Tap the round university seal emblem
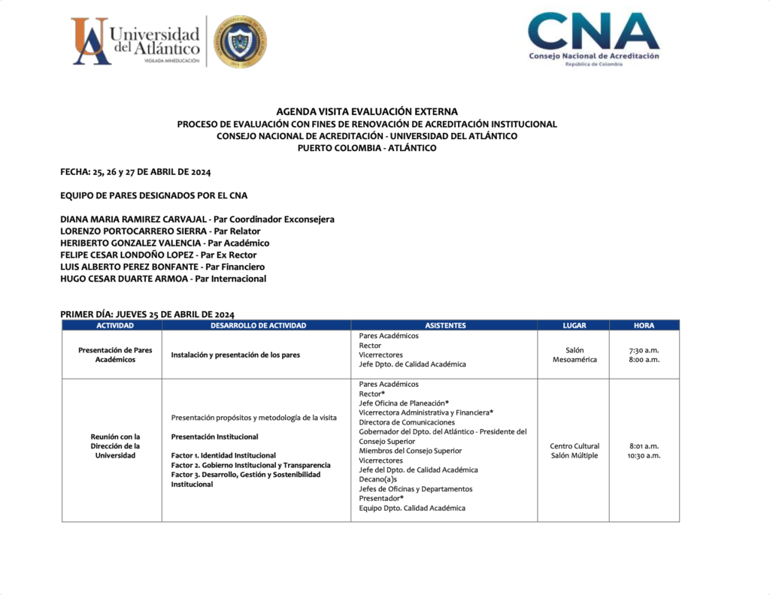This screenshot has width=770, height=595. tap(240, 41)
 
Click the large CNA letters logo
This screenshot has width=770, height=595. tap(593, 32)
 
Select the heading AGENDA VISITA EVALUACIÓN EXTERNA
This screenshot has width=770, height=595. tap(367, 111)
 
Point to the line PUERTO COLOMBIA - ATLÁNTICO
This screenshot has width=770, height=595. tap(367, 148)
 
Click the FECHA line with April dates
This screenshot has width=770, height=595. tap(135, 172)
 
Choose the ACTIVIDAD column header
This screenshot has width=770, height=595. tap(115, 325)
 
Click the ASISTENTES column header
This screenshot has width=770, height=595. tap(445, 325)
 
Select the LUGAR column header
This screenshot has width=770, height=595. tap(574, 325)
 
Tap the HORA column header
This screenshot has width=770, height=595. tap(644, 325)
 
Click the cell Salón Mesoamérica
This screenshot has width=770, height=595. tap(574, 355)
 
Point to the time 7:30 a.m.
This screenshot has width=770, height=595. tap(644, 350)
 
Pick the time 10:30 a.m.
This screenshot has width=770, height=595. tap(644, 456)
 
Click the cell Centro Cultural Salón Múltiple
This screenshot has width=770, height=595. tap(574, 451)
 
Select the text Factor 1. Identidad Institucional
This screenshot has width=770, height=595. tap(223, 455)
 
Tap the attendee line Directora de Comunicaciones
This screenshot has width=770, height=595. tap(407, 422)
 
